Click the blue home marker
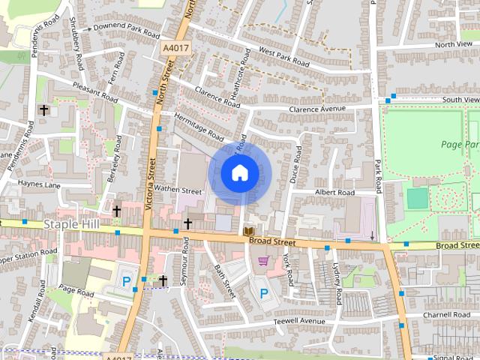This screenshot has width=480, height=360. click(x=239, y=173)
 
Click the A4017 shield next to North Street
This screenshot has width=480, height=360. click(x=176, y=48)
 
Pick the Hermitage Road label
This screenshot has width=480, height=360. click(x=199, y=127)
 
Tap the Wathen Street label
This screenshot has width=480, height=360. click(x=178, y=190)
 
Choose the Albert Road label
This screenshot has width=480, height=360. click(x=334, y=193)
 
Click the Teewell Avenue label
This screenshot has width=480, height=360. click(x=299, y=321)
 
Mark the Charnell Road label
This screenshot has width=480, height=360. click(x=445, y=315)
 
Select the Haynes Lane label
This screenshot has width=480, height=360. click(x=39, y=184)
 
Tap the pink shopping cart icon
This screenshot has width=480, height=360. click(x=262, y=261)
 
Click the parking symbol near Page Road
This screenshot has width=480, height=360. click(x=127, y=282)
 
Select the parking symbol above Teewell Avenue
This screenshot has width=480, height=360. click(x=262, y=292)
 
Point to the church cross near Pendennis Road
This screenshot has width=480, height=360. click(x=44, y=110)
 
